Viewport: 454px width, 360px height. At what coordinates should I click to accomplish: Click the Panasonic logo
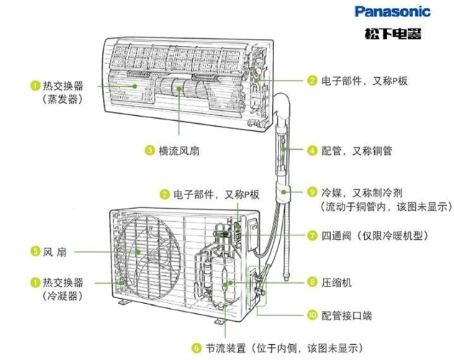click(x=392, y=12)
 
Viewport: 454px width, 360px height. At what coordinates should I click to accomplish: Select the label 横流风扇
click(x=180, y=150)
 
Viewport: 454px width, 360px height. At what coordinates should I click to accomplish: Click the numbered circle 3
click(x=149, y=150)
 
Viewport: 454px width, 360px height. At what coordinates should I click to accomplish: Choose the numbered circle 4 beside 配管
click(x=312, y=150)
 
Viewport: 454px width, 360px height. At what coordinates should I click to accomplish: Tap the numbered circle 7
click(x=312, y=235)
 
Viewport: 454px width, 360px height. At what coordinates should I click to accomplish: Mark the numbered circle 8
click(x=312, y=283)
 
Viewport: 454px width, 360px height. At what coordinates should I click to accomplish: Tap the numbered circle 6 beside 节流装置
click(x=196, y=348)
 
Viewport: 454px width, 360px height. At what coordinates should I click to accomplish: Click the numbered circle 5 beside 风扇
click(x=35, y=251)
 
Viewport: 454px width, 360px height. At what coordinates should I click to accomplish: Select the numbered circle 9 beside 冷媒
click(x=312, y=192)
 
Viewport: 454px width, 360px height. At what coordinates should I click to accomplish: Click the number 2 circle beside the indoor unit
click(x=312, y=81)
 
